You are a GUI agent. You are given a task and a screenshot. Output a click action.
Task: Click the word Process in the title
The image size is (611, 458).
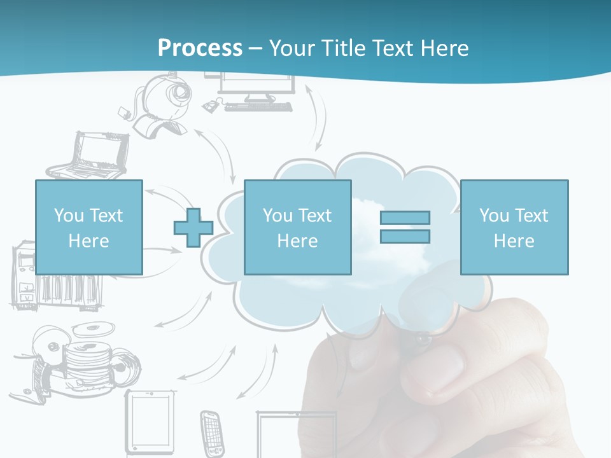pos(200,48)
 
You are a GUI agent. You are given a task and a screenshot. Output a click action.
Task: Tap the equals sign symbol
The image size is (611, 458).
pos(405,227)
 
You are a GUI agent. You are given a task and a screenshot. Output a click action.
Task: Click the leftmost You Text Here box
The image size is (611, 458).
pos(88,227)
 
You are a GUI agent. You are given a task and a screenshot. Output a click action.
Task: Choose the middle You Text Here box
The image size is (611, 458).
pos(297,227)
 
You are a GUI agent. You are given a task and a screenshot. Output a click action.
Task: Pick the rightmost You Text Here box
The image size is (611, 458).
pos(514,227)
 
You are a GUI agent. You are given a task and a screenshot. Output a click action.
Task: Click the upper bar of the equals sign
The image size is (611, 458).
pos(405,218)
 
